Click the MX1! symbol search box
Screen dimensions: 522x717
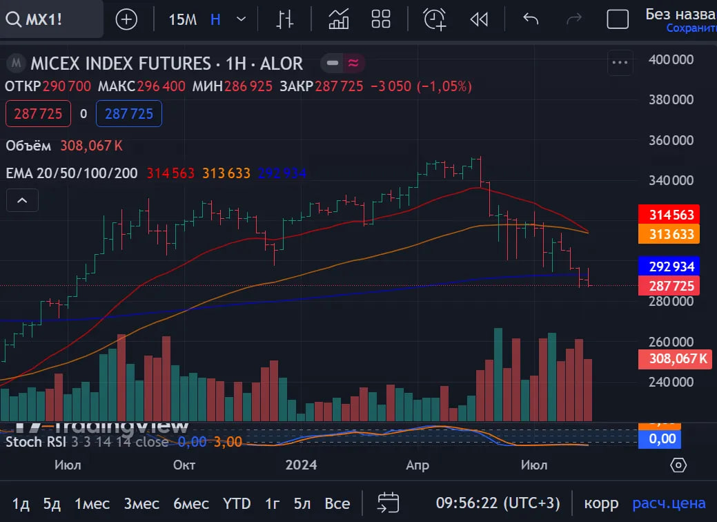(x=52, y=19)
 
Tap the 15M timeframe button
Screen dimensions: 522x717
(x=182, y=19)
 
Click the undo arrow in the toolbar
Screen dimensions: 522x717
(x=530, y=19)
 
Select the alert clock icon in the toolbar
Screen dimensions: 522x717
(x=435, y=19)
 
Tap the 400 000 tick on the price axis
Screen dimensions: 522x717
(x=671, y=60)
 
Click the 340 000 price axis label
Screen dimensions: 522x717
(x=671, y=181)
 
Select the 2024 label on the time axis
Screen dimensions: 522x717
(x=301, y=465)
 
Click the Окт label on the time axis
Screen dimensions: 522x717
(x=184, y=465)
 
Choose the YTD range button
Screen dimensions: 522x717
(x=237, y=503)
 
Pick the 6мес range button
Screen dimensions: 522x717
(x=191, y=503)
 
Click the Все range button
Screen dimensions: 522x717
(x=337, y=503)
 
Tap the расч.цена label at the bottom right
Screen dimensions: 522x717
(x=669, y=503)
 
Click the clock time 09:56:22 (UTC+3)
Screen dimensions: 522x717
(x=498, y=503)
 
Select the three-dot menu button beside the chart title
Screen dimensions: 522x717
(x=620, y=64)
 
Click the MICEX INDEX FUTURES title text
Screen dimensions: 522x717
(x=121, y=64)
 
